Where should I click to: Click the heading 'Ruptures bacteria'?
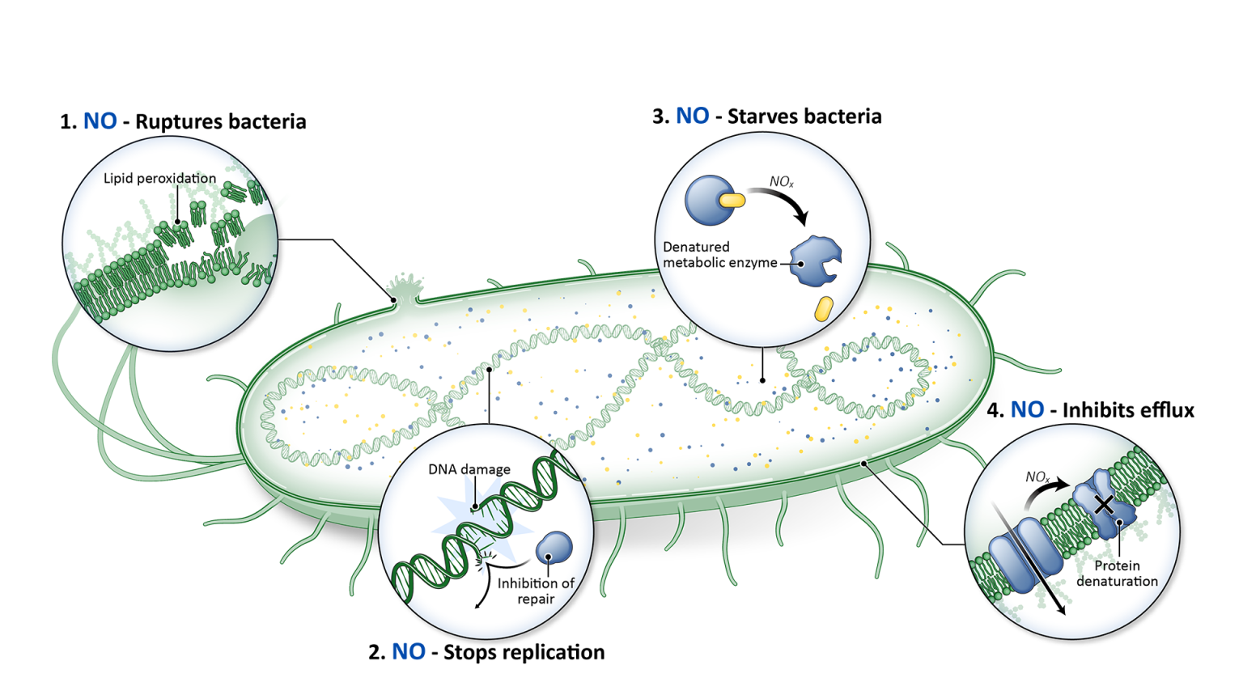point(220,122)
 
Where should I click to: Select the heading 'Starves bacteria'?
point(804,116)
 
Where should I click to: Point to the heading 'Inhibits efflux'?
point(1127,411)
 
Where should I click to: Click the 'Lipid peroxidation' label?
point(159,179)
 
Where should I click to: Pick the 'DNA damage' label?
point(469,469)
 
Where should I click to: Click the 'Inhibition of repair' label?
point(536,591)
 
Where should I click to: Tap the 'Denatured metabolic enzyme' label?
point(719,255)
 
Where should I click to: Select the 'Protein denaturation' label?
point(1117,574)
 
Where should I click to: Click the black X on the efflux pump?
point(1103,505)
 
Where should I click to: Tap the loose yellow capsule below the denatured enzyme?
point(823,308)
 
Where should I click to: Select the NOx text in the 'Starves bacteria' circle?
point(781,182)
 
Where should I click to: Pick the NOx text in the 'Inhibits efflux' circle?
point(1037,477)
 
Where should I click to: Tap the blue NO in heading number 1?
point(100,122)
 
